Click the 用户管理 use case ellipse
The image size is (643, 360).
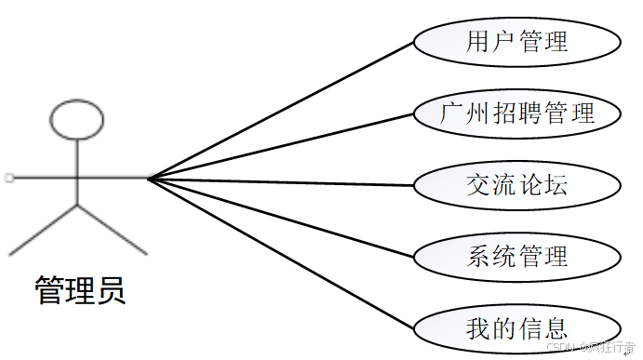pos(516,42)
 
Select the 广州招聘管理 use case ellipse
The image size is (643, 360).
pos(516,114)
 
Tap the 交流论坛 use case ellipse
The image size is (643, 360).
pos(516,184)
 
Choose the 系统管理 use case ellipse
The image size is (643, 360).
pos(516,255)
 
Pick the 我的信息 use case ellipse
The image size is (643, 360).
pos(516,327)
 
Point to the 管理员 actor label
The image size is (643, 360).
pos(79,290)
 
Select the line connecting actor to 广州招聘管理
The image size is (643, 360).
pos(279,145)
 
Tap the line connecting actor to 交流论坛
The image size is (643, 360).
pos(279,180)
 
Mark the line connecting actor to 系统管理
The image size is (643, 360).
pos(279,215)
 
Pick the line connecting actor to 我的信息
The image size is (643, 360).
pos(279,252)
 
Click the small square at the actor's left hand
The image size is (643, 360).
pos(7,177)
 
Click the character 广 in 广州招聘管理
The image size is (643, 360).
pos(452,114)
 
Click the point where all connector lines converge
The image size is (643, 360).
pos(148,177)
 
